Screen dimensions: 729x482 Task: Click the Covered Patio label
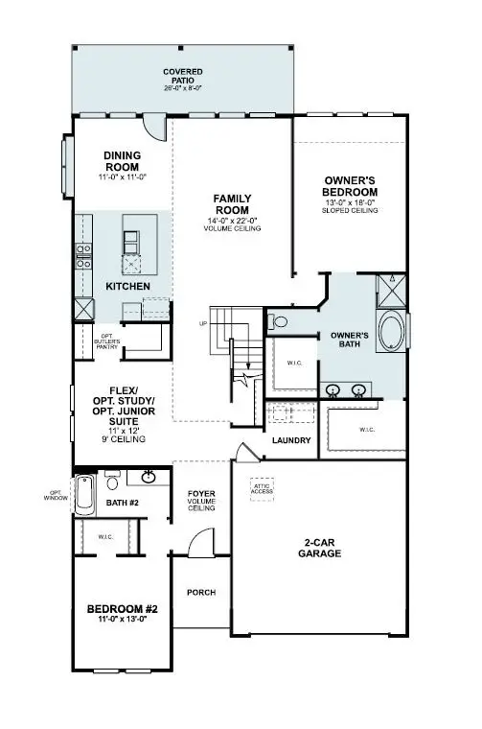[181, 77]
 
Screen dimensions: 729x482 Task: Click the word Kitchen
[127, 286]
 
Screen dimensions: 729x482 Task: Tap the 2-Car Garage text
[315, 548]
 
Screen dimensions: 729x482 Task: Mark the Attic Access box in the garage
[264, 487]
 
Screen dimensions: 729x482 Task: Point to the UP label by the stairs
[203, 322]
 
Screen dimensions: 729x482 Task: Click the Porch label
[199, 592]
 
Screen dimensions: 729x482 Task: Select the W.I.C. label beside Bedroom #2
[104, 536]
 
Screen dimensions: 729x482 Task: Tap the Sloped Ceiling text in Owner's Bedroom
[351, 209]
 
